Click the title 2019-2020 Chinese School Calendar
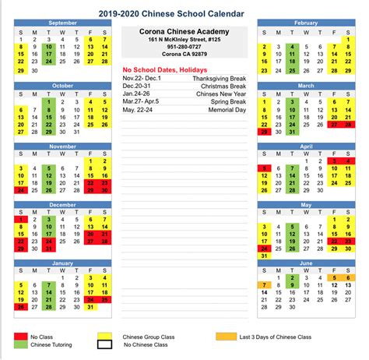pos(184,12)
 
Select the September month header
pos(62,23)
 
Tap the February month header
pos(306,23)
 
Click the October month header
pos(62,85)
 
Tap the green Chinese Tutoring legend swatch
pos(22,347)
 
